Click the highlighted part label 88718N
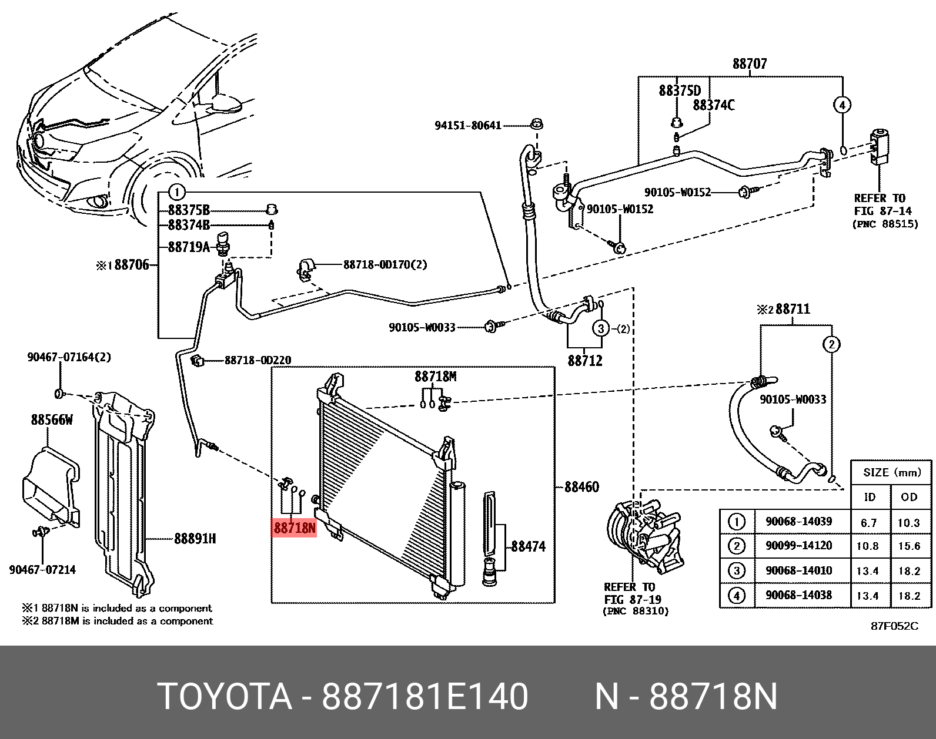294,528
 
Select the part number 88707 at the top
750,63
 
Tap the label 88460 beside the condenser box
581,486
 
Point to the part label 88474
528,546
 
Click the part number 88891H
195,538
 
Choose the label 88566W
52,419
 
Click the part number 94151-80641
467,125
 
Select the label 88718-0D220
258,360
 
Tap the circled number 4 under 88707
842,105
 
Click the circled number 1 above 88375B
176,192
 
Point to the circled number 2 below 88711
831,344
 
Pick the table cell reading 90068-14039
798,522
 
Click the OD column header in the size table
909,497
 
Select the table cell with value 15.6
909,546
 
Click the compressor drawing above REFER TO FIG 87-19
644,535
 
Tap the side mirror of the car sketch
226,104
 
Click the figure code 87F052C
894,626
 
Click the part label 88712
585,360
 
